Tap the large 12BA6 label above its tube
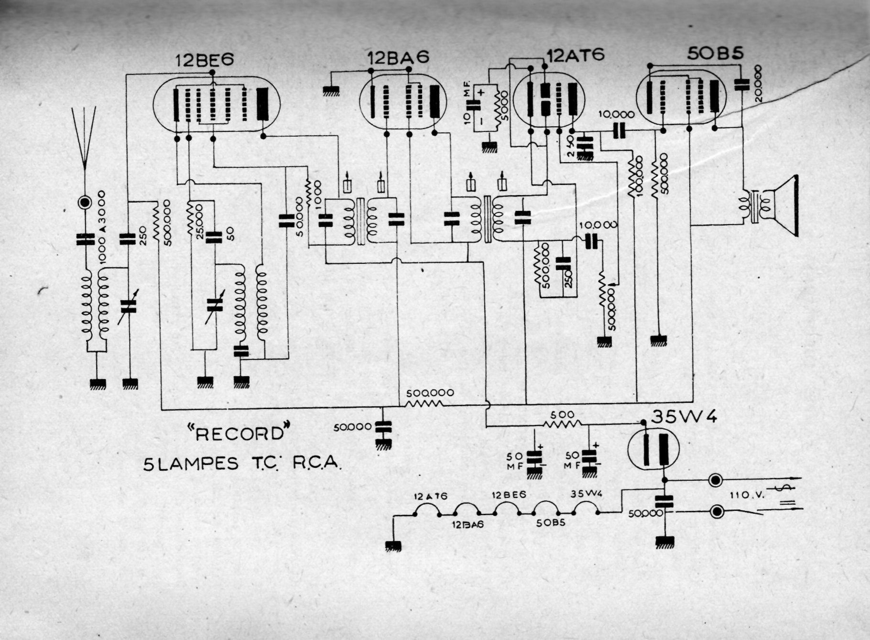point(399,57)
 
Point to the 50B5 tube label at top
point(715,54)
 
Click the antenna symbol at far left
point(84,139)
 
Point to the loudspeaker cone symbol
point(784,206)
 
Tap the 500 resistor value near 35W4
point(562,414)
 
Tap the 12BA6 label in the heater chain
point(468,524)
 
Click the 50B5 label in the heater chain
point(550,523)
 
